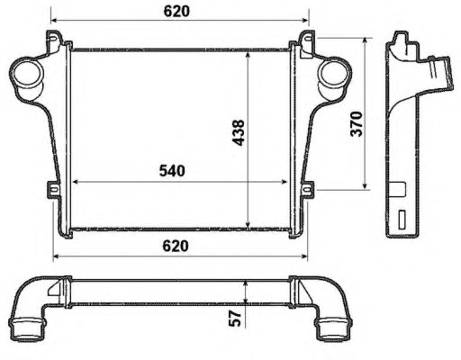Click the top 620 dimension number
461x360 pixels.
coord(176,12)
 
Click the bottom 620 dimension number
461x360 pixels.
coord(176,246)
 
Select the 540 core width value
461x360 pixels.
coord(172,171)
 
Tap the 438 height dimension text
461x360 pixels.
coord(240,133)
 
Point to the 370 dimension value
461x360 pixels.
coord(357,124)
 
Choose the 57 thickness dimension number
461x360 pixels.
coord(235,318)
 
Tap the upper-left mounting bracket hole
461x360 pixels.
coord(53,39)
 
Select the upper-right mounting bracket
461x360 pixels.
coord(307,39)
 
